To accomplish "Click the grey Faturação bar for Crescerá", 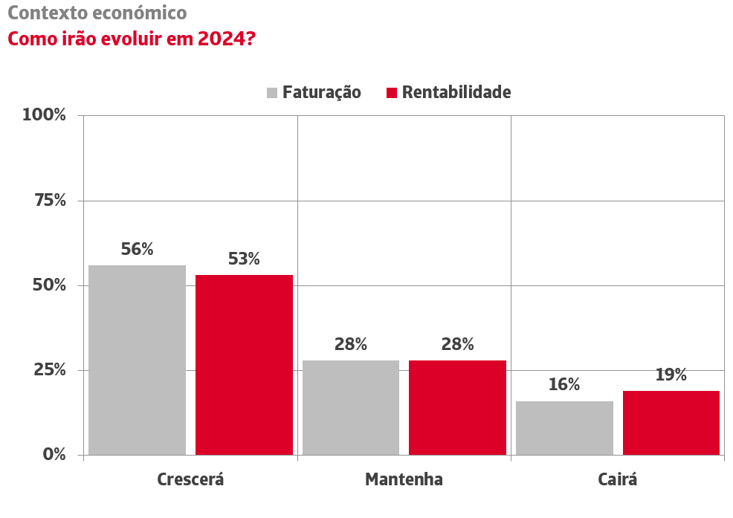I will (x=137, y=360).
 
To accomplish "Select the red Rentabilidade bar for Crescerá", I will (x=244, y=364).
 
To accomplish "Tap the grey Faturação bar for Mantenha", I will (x=351, y=407).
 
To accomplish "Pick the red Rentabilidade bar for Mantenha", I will (x=457, y=407).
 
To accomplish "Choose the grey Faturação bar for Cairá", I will (x=564, y=427).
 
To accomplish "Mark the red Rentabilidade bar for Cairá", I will (x=671, y=422).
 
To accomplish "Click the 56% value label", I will (x=137, y=250).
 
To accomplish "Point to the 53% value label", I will (x=244, y=259).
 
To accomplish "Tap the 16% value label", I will (x=564, y=385).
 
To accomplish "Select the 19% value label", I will (x=671, y=375).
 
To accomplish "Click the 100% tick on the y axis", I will (x=45, y=115).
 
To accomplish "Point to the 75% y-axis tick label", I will (x=49, y=201).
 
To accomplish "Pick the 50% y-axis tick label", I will (x=49, y=285).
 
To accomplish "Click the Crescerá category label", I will (x=190, y=479).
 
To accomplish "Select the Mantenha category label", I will (x=404, y=479).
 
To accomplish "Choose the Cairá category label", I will (x=618, y=479).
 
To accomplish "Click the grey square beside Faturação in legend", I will (x=272, y=93).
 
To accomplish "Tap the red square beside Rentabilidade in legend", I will (x=393, y=93).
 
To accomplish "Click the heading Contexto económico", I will (x=97, y=13).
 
